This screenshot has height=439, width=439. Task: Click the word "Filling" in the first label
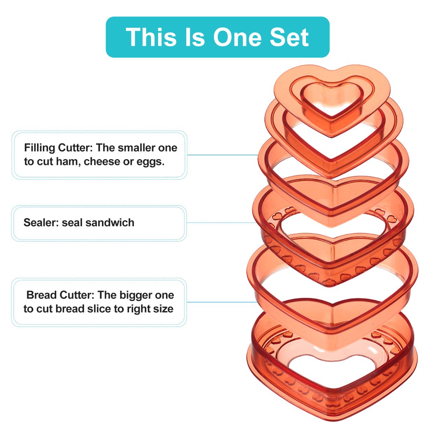point(39,148)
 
